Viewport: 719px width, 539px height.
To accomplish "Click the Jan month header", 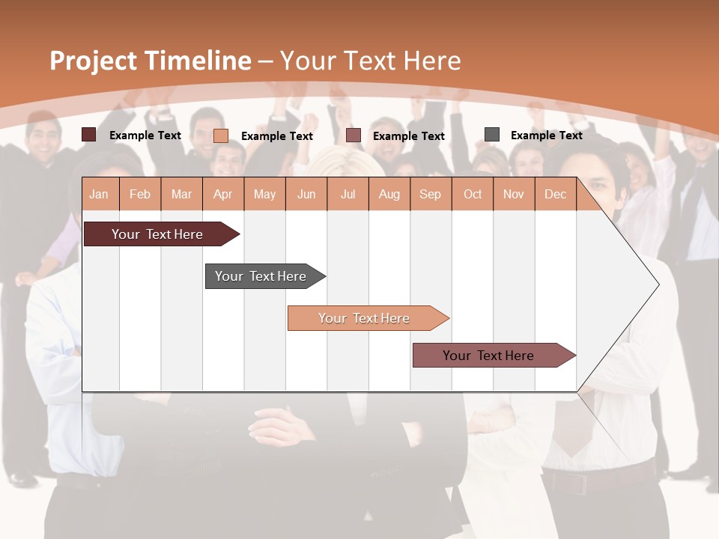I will pos(100,195).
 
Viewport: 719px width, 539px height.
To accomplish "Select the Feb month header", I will pos(140,195).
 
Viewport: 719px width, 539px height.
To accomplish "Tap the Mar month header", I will pos(181,195).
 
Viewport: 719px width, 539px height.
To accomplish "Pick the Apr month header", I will pos(223,195).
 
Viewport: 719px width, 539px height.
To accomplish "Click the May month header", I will pos(264,195).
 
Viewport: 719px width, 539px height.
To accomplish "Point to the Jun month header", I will pos(306,195).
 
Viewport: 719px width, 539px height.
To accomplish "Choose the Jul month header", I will pos(348,195).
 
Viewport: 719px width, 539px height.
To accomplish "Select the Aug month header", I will pos(389,195).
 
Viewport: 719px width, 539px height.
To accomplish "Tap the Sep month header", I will pos(431,195).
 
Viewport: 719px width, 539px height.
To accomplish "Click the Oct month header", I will pos(473,195).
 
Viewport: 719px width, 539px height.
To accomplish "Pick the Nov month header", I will pos(514,195).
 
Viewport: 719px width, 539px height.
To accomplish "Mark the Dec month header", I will pos(556,195).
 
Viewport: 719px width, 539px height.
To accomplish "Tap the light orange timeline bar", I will pos(365,318).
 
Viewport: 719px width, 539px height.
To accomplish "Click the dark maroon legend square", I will pos(89,135).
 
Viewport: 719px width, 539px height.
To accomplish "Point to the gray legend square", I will pos(492,135).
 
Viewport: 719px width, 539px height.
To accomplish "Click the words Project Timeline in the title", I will pos(151,61).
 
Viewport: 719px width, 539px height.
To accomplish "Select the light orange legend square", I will pos(221,135).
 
